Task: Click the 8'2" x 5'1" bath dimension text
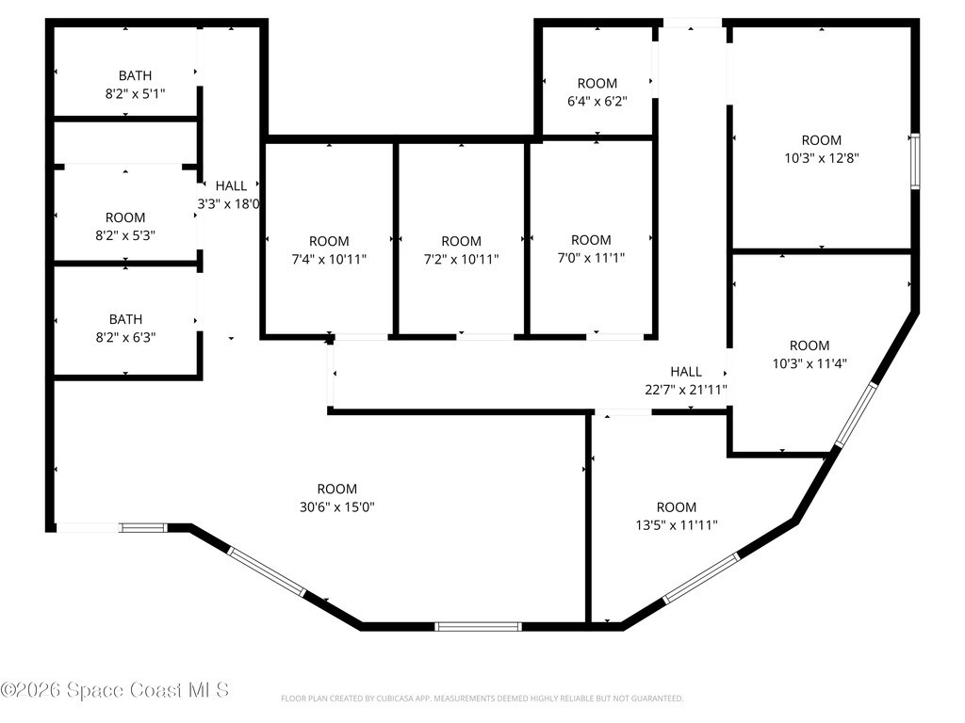click(x=135, y=94)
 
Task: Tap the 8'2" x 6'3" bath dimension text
click(x=125, y=338)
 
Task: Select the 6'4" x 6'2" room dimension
click(x=597, y=102)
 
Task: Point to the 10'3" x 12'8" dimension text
click(x=822, y=158)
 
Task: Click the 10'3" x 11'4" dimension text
click(x=810, y=363)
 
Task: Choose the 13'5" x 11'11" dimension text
click(x=677, y=525)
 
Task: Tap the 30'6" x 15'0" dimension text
click(x=336, y=507)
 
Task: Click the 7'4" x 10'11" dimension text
click(x=329, y=260)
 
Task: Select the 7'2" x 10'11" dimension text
click(x=461, y=260)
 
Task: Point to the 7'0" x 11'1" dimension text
click(x=591, y=258)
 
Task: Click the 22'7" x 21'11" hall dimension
click(x=686, y=389)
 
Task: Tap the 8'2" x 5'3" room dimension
click(x=125, y=235)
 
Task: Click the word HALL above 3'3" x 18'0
click(x=231, y=185)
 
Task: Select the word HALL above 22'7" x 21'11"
click(x=686, y=371)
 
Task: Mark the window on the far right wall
click(x=915, y=161)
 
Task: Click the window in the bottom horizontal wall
click(x=478, y=626)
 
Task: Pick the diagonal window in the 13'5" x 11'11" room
click(x=701, y=577)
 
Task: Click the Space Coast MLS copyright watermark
click(x=114, y=690)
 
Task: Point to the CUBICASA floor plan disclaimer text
click(x=482, y=699)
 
